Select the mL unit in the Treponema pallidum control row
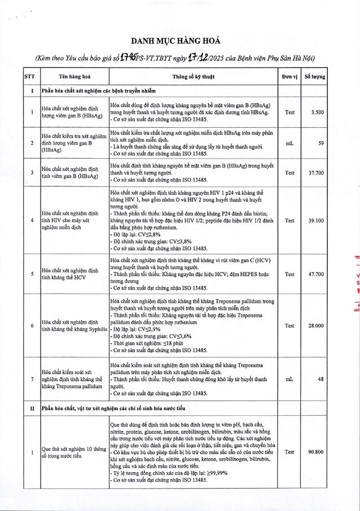pos(290,380)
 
